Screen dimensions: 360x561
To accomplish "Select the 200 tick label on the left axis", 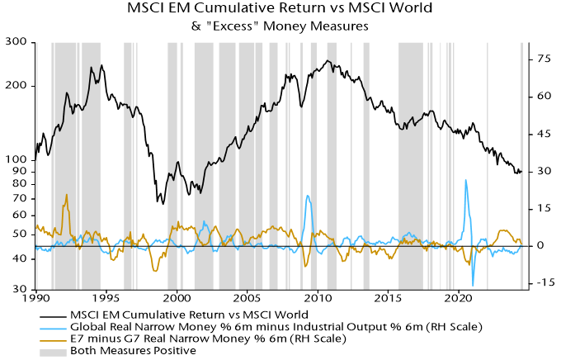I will (16, 86).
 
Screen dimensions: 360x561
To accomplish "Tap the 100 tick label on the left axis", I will (16, 159).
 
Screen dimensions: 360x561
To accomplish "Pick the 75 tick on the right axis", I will (543, 59).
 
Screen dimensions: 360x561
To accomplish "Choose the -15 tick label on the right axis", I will (544, 283).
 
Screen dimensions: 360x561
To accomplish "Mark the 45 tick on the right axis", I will (543, 134).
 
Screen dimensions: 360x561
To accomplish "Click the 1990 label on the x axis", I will (36, 296).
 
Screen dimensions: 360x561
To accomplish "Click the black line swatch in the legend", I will (54, 315).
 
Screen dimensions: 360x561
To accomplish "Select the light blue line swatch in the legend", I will (54, 327).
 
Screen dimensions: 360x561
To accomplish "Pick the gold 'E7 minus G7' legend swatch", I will (54, 339).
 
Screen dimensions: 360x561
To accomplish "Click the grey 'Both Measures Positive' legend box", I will (54, 350).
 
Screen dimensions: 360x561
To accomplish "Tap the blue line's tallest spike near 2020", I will (466, 180).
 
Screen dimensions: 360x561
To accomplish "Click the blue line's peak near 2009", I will (308, 196).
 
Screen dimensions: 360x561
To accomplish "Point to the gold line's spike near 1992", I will (66, 195).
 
